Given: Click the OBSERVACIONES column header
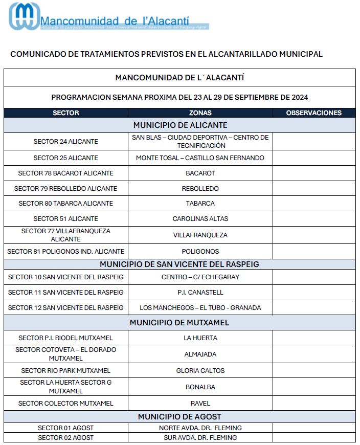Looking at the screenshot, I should tap(313, 113).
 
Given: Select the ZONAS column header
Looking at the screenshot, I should tap(200, 113).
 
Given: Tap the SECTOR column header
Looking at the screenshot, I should tap(66, 113).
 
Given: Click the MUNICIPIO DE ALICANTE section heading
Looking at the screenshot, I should tap(180, 125).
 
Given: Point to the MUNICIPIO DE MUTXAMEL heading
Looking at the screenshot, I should tap(179, 323).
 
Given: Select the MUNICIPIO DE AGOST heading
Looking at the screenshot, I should tap(179, 417).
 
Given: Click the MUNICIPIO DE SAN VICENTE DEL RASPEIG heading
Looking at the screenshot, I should tap(179, 264).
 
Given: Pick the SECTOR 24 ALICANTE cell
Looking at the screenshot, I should tap(66, 142).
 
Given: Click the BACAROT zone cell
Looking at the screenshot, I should tap(200, 173).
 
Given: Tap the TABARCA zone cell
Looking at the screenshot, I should tap(200, 204).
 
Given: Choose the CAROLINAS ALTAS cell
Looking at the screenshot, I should tap(200, 219).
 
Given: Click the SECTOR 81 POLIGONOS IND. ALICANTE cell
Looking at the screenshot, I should tap(66, 252).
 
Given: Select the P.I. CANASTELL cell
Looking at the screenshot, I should tap(200, 293).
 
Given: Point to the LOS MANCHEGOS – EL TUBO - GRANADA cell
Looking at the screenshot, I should tap(200, 308).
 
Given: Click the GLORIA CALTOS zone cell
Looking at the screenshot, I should tap(200, 371).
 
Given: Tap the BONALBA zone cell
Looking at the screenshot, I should tap(200, 387).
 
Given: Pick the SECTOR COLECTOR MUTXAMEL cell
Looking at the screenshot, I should tap(66, 404).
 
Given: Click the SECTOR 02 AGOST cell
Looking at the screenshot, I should tap(66, 438).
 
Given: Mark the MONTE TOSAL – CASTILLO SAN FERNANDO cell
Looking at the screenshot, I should tap(200, 158).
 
